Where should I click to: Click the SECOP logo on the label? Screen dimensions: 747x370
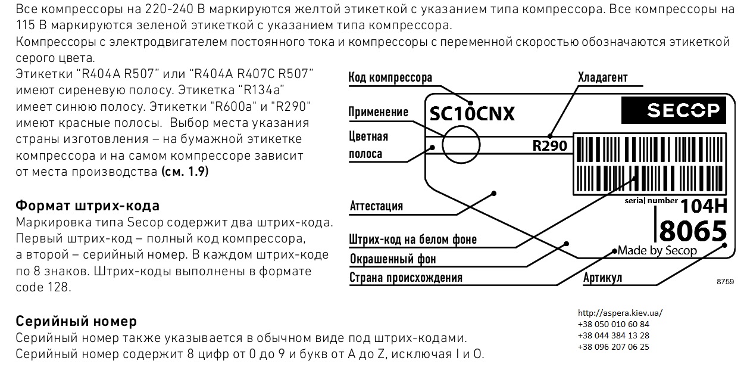(674, 111)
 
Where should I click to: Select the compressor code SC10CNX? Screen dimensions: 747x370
(472, 114)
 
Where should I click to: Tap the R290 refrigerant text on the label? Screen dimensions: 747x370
(549, 145)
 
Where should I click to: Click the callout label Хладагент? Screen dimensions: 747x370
(603, 77)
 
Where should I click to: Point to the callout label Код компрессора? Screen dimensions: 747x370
(390, 77)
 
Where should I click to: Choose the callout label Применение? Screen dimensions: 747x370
(378, 112)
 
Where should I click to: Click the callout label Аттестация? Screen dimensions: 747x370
(376, 206)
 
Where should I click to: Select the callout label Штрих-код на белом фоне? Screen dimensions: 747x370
(413, 240)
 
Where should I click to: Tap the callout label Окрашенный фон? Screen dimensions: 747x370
(393, 259)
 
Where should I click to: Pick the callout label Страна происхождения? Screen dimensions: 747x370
(406, 278)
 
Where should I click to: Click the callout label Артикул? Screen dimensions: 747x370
(602, 278)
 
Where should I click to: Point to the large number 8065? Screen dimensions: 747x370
(693, 231)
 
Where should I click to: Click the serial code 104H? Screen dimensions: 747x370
(704, 206)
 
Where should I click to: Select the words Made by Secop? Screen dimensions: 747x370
(657, 250)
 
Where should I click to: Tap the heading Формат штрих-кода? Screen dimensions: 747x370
(87, 206)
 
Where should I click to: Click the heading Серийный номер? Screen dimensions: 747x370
(76, 321)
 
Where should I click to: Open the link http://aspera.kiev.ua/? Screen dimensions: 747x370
(620, 313)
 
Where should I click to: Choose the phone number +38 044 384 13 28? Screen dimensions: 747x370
(614, 335)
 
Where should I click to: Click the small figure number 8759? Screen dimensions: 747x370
(726, 282)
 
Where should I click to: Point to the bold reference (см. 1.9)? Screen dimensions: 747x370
(185, 172)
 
